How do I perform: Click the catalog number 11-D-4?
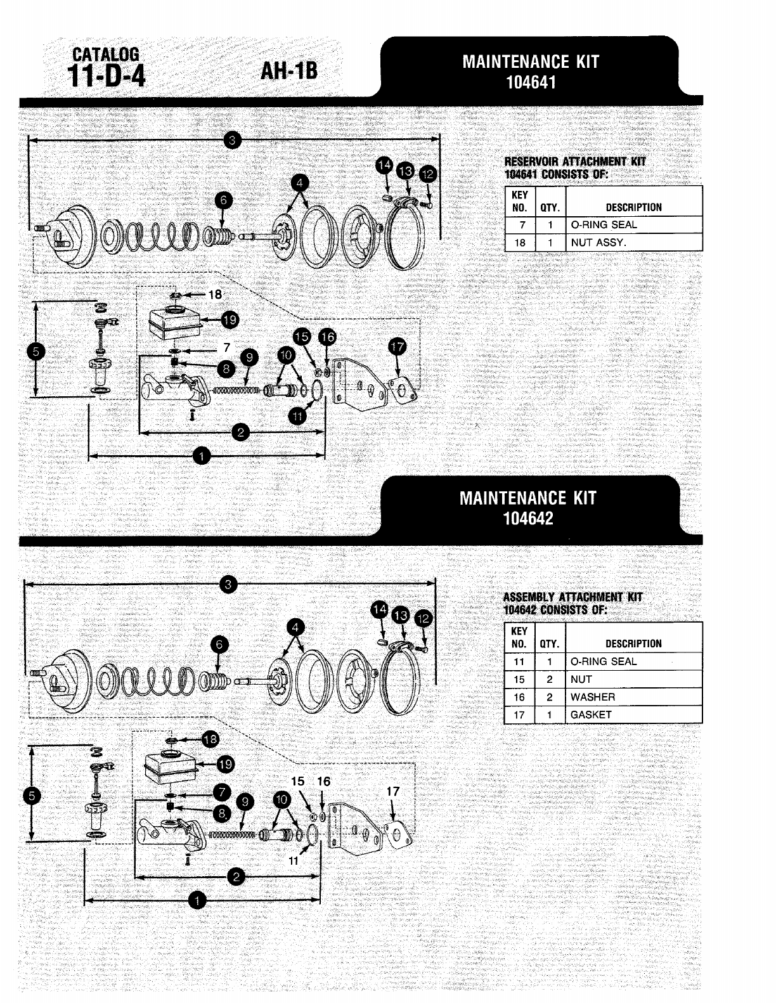pyautogui.click(x=106, y=76)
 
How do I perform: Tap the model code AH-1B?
pyautogui.click(x=289, y=71)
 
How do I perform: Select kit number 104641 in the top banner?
pyautogui.click(x=531, y=82)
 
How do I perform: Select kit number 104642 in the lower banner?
pyautogui.click(x=528, y=519)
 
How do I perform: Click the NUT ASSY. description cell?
pyautogui.click(x=598, y=242)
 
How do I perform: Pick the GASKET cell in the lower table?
pyautogui.click(x=590, y=715)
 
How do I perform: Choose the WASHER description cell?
pyautogui.click(x=593, y=697)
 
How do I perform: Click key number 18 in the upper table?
pyautogui.click(x=520, y=243)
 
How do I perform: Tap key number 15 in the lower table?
pyautogui.click(x=519, y=680)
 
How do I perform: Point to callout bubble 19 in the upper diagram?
pyautogui.click(x=230, y=320)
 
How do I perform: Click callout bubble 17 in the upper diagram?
pyautogui.click(x=398, y=346)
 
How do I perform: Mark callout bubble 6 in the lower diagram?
pyautogui.click(x=219, y=645)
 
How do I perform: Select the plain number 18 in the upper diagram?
pyautogui.click(x=215, y=294)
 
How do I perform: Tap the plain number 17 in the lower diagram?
pyautogui.click(x=392, y=792)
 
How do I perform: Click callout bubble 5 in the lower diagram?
pyautogui.click(x=32, y=796)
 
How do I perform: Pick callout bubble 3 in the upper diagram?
pyautogui.click(x=232, y=140)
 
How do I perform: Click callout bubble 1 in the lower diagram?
pyautogui.click(x=197, y=900)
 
